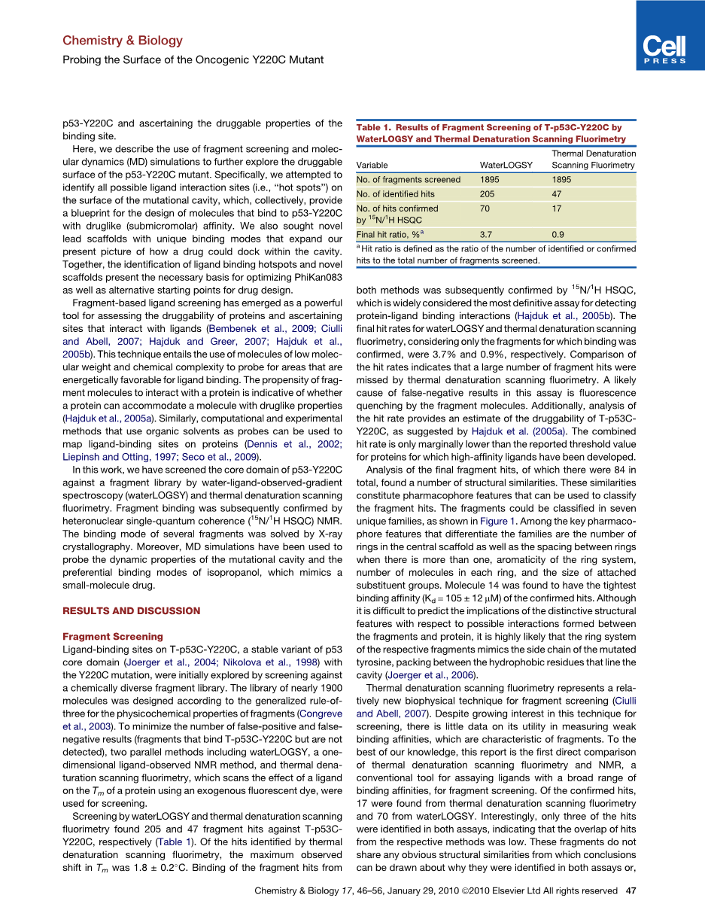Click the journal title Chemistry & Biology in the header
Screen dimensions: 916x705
click(x=122, y=41)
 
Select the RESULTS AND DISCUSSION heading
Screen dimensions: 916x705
click(x=131, y=611)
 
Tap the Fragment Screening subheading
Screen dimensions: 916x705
click(x=112, y=637)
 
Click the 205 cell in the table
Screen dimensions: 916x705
click(x=488, y=194)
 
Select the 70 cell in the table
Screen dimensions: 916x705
click(x=485, y=208)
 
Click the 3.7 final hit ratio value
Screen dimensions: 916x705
click(x=486, y=235)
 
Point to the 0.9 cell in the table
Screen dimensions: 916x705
click(x=558, y=235)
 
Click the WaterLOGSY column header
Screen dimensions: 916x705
click(x=506, y=166)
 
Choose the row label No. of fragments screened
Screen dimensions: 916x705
click(x=409, y=180)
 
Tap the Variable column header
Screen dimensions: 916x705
click(x=372, y=166)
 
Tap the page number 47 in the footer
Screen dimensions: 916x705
click(x=632, y=891)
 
